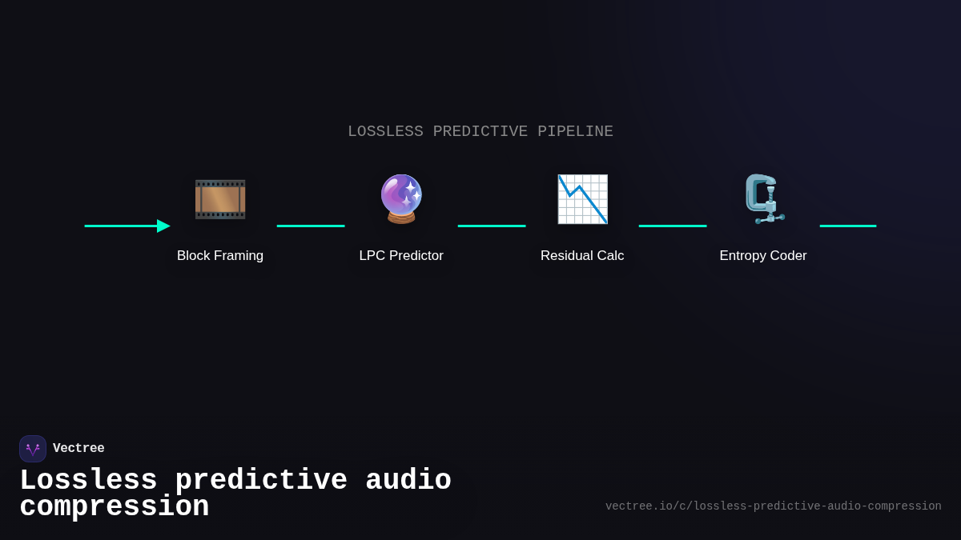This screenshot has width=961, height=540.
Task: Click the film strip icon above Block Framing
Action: (x=220, y=199)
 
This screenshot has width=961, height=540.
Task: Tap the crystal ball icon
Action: (x=401, y=198)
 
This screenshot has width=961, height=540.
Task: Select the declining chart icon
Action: (x=582, y=199)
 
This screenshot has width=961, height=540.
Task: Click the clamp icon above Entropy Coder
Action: (x=763, y=198)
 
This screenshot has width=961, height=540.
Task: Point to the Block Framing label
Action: (x=220, y=256)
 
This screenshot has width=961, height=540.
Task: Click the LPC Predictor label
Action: (x=401, y=256)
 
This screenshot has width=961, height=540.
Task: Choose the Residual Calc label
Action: (x=582, y=256)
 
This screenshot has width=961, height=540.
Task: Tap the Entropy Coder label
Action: (x=763, y=256)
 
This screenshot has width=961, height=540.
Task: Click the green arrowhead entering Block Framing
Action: (x=163, y=226)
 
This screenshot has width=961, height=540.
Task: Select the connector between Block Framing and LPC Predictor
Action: (x=311, y=226)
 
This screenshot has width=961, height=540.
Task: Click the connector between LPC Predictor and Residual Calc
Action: (x=492, y=226)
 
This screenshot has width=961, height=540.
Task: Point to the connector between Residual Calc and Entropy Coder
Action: (x=673, y=226)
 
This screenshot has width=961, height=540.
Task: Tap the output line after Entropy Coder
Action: (x=848, y=226)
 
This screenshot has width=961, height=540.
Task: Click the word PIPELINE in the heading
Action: (x=575, y=131)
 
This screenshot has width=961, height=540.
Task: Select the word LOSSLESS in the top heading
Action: (x=385, y=131)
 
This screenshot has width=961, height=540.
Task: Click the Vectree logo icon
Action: (x=33, y=449)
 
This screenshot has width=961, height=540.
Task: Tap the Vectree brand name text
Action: (x=78, y=449)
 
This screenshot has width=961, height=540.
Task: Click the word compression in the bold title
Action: (x=114, y=507)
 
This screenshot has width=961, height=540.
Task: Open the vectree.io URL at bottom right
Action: (x=773, y=506)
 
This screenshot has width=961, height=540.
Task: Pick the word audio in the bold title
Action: (x=408, y=481)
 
